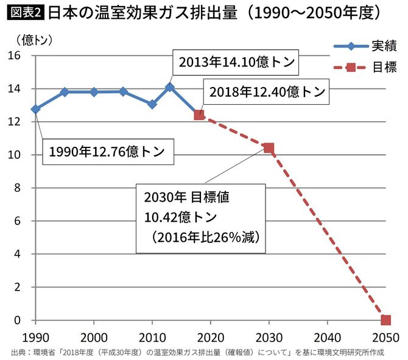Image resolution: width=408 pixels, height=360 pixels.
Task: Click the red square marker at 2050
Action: (385, 320)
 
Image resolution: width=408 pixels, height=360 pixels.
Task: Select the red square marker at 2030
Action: (269, 148)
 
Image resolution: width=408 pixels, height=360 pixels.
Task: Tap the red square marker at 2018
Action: (199, 115)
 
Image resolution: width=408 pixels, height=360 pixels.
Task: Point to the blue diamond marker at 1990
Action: (35, 109)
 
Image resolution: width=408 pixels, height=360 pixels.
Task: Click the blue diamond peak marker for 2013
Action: (170, 87)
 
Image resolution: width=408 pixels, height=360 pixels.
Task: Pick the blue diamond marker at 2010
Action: (152, 104)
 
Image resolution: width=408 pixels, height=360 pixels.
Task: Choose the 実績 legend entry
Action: (365, 46)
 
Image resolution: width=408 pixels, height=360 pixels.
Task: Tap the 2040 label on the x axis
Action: (327, 336)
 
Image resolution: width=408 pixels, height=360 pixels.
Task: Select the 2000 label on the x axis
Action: (93, 336)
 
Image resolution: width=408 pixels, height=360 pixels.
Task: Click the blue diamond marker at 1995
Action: (65, 92)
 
